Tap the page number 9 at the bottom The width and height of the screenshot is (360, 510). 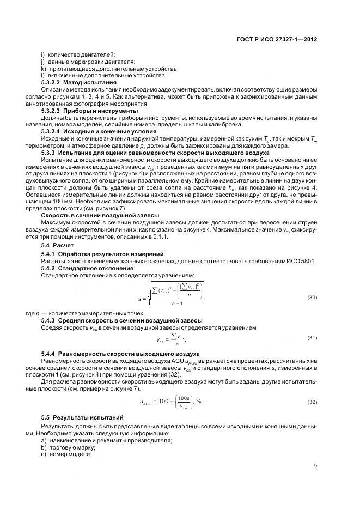(315, 465)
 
